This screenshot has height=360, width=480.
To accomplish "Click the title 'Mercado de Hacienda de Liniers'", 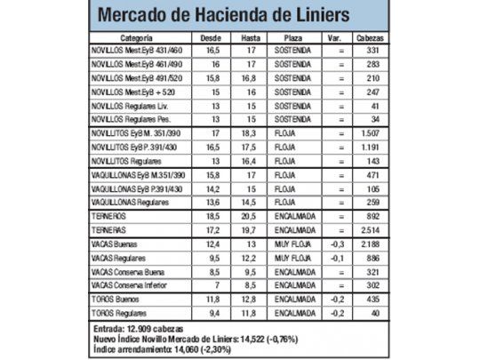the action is click(224, 16).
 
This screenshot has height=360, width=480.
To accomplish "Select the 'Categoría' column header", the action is click(135, 40).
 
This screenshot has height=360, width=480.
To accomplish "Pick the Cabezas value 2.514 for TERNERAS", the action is click(371, 228).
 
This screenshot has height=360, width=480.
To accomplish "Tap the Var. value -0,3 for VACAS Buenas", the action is click(336, 242).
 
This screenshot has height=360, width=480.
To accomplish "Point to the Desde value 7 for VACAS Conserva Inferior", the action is click(212, 284).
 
